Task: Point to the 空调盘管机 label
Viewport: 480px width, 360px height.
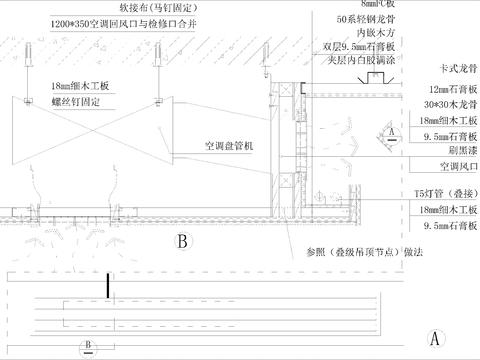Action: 230,145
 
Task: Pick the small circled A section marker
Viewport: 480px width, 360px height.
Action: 393,133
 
